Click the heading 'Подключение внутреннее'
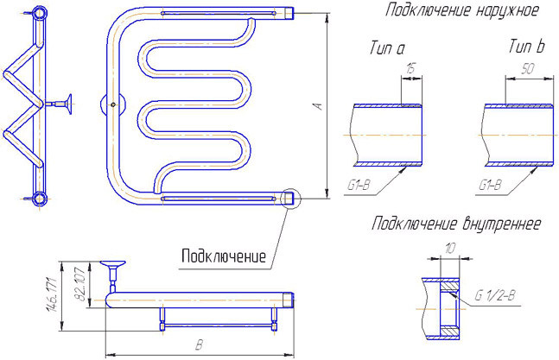(x=456, y=224)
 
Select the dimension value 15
(x=411, y=69)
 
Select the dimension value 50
(x=526, y=69)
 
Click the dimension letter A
(x=318, y=106)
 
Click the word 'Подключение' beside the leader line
(x=223, y=256)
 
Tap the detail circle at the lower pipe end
(x=289, y=198)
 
